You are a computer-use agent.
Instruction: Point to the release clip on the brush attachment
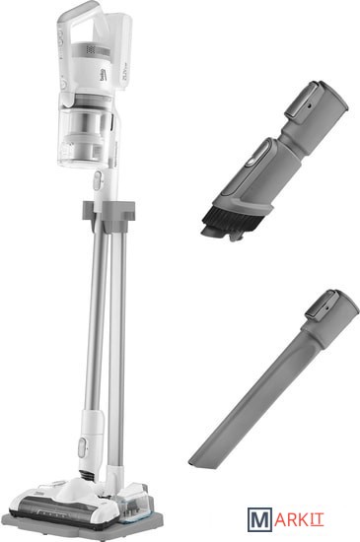303,101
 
